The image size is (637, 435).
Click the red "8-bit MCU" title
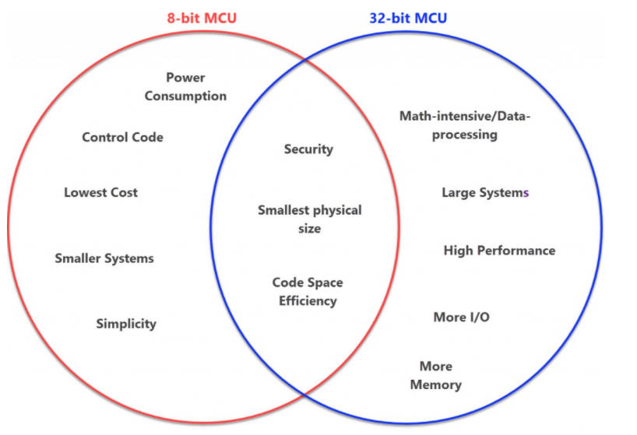pyautogui.click(x=202, y=18)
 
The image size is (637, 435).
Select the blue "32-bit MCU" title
pyautogui.click(x=409, y=18)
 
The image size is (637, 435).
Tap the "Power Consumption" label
pyautogui.click(x=185, y=86)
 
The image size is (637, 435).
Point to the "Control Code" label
pyautogui.click(x=122, y=137)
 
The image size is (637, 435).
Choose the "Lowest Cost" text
pyautogui.click(x=100, y=192)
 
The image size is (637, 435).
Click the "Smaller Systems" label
pyautogui.click(x=104, y=258)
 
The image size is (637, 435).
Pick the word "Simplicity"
pyautogui.click(x=126, y=323)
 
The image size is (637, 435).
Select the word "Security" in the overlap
pyautogui.click(x=308, y=149)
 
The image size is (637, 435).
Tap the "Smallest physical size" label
pyautogui.click(x=309, y=219)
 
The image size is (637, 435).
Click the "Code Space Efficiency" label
pyautogui.click(x=308, y=291)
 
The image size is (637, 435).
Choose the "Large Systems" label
pyautogui.click(x=485, y=192)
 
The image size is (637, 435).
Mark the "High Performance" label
pyautogui.click(x=499, y=250)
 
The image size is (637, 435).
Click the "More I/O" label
pyautogui.click(x=461, y=317)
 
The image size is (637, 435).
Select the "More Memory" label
pyautogui.click(x=435, y=375)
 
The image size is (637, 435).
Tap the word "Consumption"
pyautogui.click(x=185, y=96)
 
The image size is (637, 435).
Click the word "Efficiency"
pyautogui.click(x=308, y=300)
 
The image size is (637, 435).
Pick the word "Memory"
pyautogui.click(x=435, y=384)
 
